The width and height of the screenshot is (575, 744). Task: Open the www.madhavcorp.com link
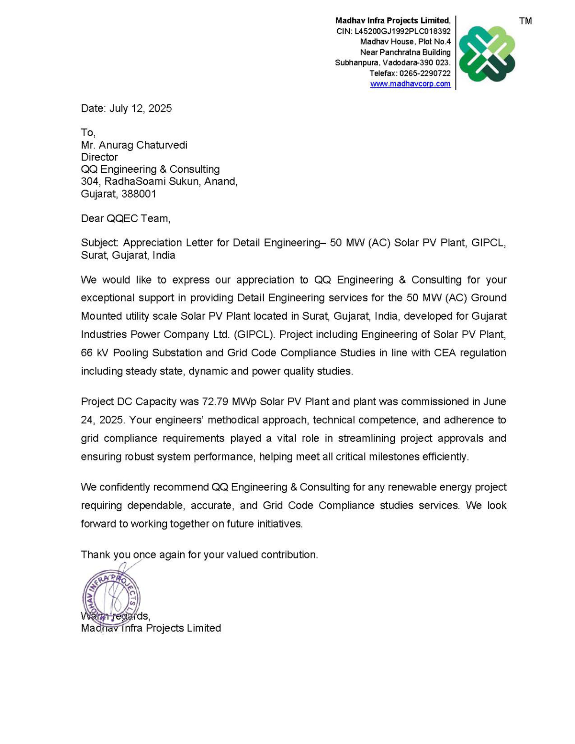pyautogui.click(x=410, y=84)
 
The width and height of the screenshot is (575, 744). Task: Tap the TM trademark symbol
pyautogui.click(x=525, y=21)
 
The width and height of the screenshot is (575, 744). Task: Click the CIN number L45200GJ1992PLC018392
pyautogui.click(x=402, y=31)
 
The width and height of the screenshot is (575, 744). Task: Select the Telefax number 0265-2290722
pyautogui.click(x=425, y=73)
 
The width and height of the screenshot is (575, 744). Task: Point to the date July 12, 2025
pyautogui.click(x=140, y=108)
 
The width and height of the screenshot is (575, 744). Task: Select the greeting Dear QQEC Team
pyautogui.click(x=125, y=218)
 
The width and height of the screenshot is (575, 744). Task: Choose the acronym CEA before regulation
pyautogui.click(x=445, y=353)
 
